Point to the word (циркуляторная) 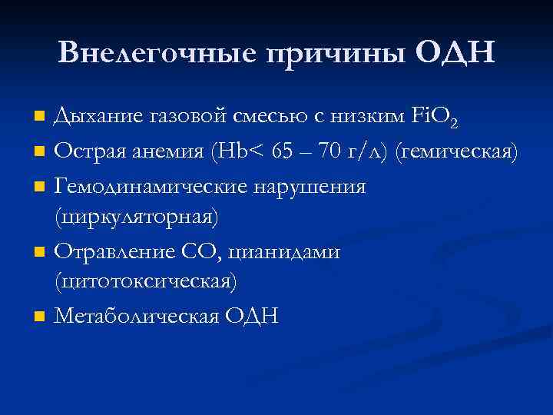[136, 217]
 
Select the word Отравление [114, 251]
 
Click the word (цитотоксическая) [144, 282]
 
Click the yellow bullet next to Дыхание [41, 117]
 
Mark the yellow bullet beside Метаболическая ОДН [41, 316]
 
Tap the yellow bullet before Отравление [41, 251]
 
